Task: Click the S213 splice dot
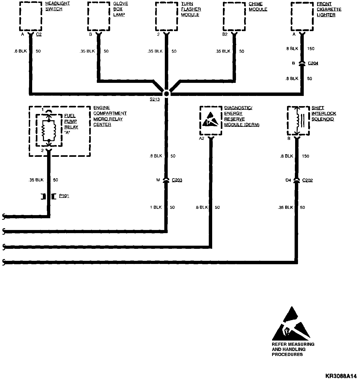[x=166, y=94]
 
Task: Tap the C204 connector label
[x=313, y=63]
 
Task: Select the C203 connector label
[x=177, y=180]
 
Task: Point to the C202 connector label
[x=307, y=180]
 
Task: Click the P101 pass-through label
[x=64, y=196]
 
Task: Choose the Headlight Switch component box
[x=30, y=16]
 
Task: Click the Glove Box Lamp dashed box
[x=98, y=16]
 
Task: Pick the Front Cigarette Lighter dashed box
[x=302, y=16]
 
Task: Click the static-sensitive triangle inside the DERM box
[x=211, y=120]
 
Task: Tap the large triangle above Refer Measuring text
[x=291, y=325]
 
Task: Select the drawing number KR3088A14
[x=341, y=376]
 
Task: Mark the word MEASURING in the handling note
[x=300, y=344]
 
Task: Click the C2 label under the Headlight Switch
[x=38, y=34]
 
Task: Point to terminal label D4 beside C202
[x=288, y=180]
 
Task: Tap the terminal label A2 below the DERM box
[x=201, y=139]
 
